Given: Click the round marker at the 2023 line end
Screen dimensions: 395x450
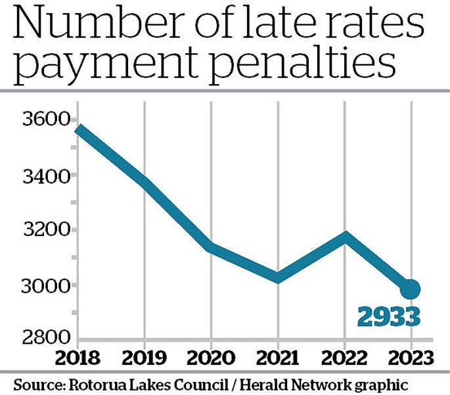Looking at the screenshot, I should coord(411,288).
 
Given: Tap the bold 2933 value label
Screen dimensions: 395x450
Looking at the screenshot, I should coord(389,317).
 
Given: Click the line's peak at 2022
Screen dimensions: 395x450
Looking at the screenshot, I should coord(344,236).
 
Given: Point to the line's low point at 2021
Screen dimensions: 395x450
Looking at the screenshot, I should coord(278,278).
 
